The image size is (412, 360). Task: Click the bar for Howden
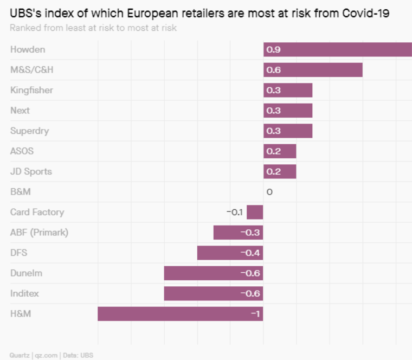[337, 50]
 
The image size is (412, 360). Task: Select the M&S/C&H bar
[313, 70]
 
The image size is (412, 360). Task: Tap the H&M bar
[180, 314]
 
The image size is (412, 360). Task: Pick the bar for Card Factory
[255, 212]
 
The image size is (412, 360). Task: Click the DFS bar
[230, 253]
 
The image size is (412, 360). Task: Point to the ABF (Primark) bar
[238, 233]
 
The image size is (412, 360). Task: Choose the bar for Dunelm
[213, 273]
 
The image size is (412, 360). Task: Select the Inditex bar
[213, 293]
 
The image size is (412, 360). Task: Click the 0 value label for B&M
[269, 192]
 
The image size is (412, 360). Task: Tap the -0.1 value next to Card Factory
[235, 212]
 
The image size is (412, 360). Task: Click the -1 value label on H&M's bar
[255, 314]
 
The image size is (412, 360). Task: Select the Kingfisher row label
[31, 90]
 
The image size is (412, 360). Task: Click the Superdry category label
[30, 131]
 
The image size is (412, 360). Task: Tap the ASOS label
[22, 151]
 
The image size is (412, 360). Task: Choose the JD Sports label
[31, 171]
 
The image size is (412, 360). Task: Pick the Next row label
[20, 111]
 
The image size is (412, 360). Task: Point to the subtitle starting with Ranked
[93, 28]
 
